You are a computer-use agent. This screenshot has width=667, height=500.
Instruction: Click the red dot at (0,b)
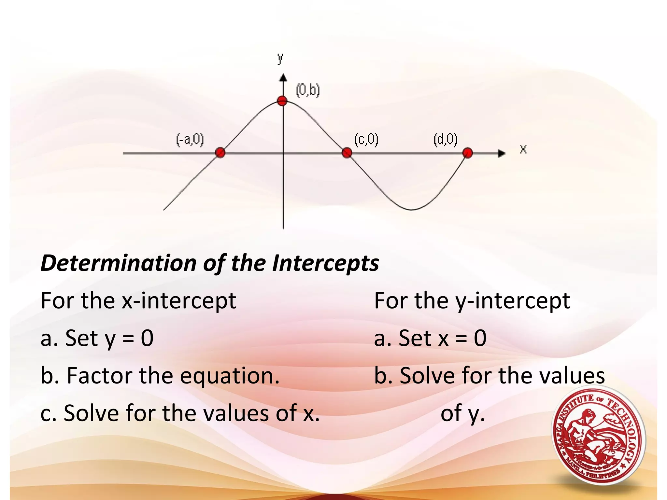pyautogui.click(x=282, y=101)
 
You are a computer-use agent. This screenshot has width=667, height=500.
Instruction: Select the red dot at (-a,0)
pyautogui.click(x=220, y=152)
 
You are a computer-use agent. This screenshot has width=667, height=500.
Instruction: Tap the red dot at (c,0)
pyautogui.click(x=347, y=152)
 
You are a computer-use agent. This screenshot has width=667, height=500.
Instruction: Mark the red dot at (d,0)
pyautogui.click(x=468, y=153)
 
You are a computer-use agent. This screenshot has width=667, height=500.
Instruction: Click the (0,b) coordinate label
pyautogui.click(x=308, y=90)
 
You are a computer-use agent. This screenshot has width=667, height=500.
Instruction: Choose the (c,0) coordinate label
pyautogui.click(x=366, y=139)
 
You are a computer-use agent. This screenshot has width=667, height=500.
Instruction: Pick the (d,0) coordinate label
pyautogui.click(x=446, y=139)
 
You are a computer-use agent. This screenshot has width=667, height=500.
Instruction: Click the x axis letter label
pyautogui.click(x=523, y=149)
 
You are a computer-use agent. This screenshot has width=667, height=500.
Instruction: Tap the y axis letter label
pyautogui.click(x=280, y=59)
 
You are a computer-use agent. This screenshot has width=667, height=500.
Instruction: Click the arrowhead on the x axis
pyautogui.click(x=502, y=153)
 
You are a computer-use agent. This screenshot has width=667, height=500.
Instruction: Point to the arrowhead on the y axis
pyautogui.click(x=283, y=78)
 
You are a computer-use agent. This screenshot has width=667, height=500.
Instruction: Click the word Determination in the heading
pyautogui.click(x=118, y=263)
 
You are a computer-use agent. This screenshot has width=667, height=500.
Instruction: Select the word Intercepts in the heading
pyautogui.click(x=325, y=263)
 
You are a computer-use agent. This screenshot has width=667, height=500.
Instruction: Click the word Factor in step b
pyautogui.click(x=99, y=375)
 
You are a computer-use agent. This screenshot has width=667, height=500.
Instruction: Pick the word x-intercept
pyautogui.click(x=179, y=301)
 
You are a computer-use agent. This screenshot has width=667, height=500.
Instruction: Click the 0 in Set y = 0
pyautogui.click(x=147, y=338)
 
